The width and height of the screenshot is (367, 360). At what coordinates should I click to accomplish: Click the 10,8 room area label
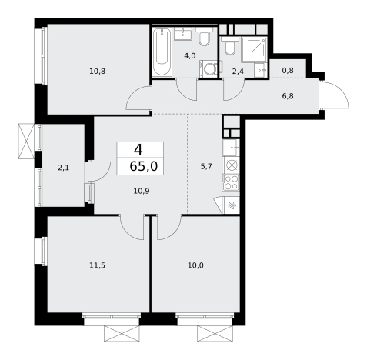97,72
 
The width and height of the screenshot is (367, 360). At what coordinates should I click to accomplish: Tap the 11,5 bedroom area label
97,265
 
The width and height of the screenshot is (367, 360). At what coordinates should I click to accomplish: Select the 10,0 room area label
195,265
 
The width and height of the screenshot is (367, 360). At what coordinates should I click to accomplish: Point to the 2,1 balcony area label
63,168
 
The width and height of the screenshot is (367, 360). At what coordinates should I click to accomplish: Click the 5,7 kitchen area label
206,167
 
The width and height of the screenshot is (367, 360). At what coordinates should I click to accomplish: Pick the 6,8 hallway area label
288,96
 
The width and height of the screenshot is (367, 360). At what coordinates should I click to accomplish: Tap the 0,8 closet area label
288,70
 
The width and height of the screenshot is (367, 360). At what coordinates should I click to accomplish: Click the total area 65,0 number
144,166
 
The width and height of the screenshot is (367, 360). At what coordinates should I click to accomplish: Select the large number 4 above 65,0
138,150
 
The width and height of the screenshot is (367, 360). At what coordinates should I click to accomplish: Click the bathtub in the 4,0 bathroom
162,52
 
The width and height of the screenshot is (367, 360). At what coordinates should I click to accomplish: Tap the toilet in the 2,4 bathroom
229,45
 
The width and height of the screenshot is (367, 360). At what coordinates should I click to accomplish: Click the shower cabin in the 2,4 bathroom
254,49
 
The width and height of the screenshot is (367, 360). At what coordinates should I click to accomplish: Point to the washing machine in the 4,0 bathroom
208,68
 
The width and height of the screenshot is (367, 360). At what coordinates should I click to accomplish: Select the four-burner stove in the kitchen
231,182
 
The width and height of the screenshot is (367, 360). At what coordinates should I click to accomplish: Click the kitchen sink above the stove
231,148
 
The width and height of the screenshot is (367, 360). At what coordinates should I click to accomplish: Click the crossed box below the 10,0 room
215,333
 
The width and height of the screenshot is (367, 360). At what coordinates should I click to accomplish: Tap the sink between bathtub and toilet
183,34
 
